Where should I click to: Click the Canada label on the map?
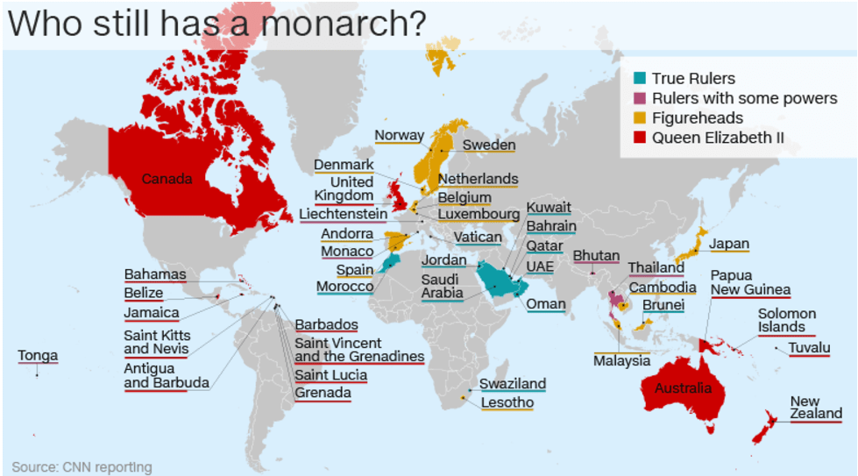pyautogui.click(x=167, y=180)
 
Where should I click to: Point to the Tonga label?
pyautogui.click(x=38, y=355)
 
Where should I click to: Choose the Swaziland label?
pyautogui.click(x=513, y=384)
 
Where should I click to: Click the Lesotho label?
pyautogui.click(x=507, y=403)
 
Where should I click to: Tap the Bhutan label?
pyautogui.click(x=596, y=256)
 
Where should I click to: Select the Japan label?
pyautogui.click(x=729, y=245)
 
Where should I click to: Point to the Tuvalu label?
pyautogui.click(x=809, y=348)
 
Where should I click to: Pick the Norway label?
pyautogui.click(x=399, y=136)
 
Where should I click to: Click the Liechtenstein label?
pyautogui.click(x=343, y=214)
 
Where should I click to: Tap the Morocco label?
pyautogui.click(x=344, y=287)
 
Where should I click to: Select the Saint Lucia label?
pyautogui.click(x=330, y=375)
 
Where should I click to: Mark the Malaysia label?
pyautogui.click(x=621, y=360)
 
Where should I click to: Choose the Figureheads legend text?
pyautogui.click(x=698, y=118)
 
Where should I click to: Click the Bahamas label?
pyautogui.click(x=155, y=274)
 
